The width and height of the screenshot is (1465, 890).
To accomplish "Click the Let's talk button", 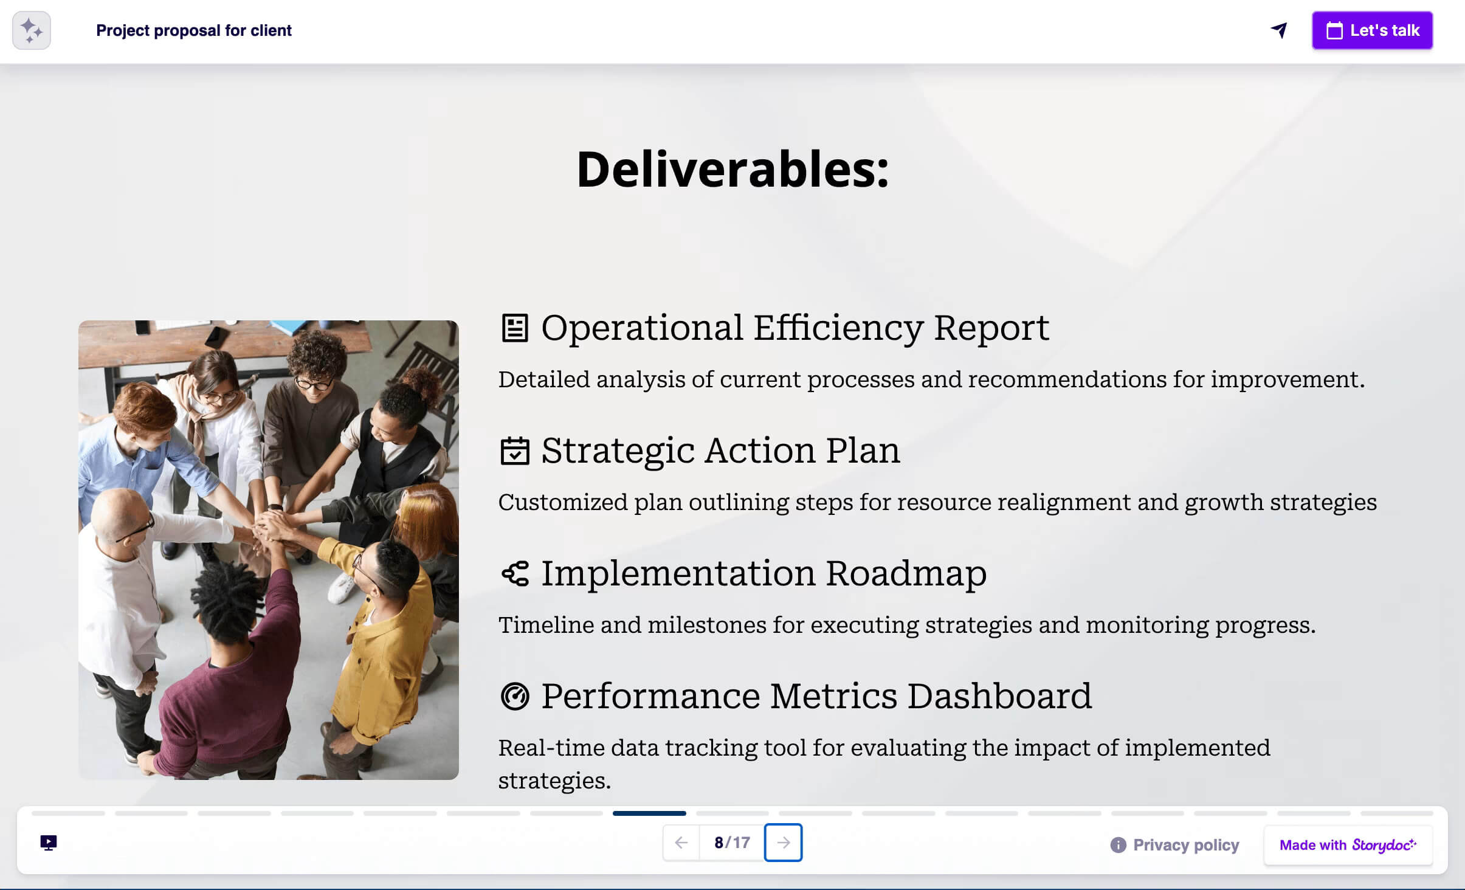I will coord(1371,30).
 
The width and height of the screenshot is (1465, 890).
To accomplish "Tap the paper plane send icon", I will coord(1279,30).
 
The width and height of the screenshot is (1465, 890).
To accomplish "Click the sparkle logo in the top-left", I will coord(32,30).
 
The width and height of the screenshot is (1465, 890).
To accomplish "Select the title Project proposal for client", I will coord(194,30).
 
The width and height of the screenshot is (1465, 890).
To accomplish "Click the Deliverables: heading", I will coord(732,170).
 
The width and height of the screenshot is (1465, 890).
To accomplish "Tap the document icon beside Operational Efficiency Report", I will coord(514,328).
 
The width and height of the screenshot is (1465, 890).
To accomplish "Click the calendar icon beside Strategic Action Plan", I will coord(514,451).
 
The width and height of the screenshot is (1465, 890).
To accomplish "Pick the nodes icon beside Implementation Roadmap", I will coord(514,574).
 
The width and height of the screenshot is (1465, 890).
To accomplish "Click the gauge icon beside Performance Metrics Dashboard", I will coord(514,697).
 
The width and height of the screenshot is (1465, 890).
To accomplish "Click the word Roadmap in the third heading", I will coord(906,574).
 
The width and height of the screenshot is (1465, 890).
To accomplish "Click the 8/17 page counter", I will coord(732,843).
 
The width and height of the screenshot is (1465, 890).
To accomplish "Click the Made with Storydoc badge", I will coord(1348,845).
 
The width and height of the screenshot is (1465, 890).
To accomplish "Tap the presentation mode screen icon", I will coord(49,843).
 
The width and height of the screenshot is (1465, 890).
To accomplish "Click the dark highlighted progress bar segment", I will coord(649,813).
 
